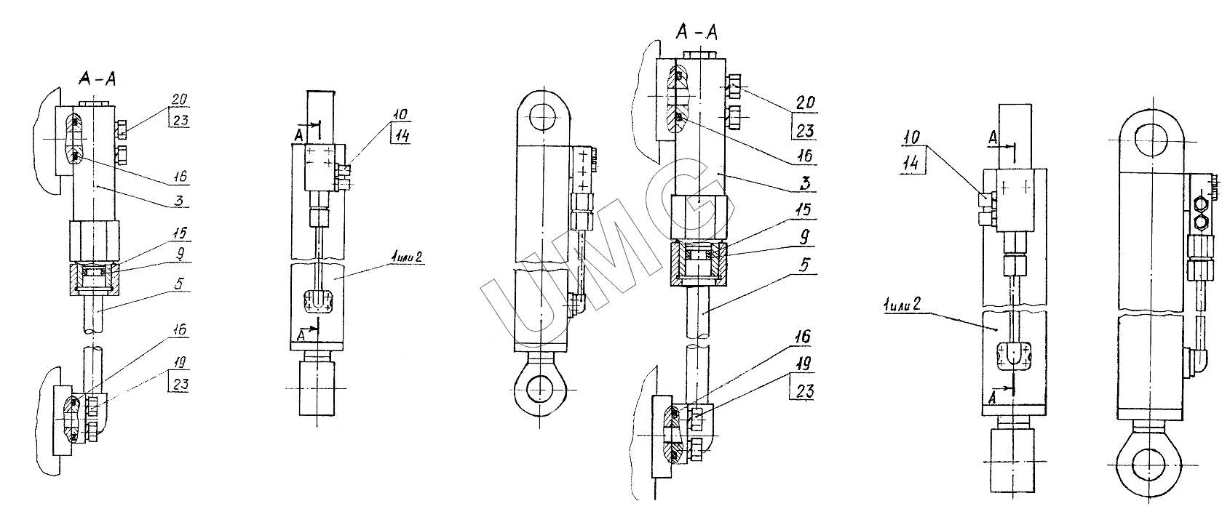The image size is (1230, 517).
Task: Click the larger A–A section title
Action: pyautogui.click(x=697, y=32)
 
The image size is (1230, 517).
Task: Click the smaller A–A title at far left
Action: pyautogui.click(x=98, y=79)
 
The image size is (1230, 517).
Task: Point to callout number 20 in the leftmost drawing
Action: pyautogui.click(x=179, y=100)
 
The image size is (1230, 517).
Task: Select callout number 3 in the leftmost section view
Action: pyautogui.click(x=179, y=201)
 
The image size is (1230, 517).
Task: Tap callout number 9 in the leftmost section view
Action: pyautogui.click(x=180, y=254)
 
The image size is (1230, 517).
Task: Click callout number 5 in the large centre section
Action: pyautogui.click(x=804, y=265)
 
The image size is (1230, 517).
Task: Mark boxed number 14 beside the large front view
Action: pyautogui.click(x=911, y=163)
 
